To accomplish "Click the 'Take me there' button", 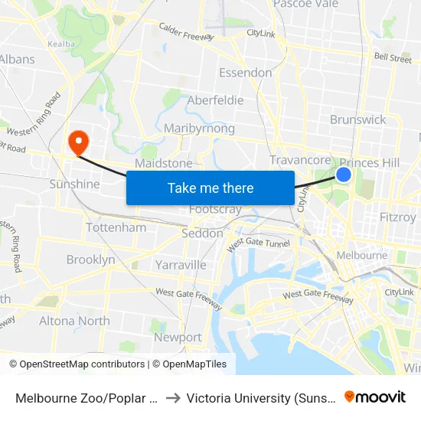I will pyautogui.click(x=210, y=188).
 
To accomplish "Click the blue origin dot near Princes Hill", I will pyautogui.click(x=344, y=175).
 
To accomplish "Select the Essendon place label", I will pyautogui.click(x=245, y=73).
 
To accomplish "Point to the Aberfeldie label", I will pyautogui.click(x=215, y=100).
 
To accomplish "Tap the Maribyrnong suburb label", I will pyautogui.click(x=199, y=129).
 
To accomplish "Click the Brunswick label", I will pyautogui.click(x=357, y=119).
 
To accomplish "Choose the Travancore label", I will pyautogui.click(x=300, y=160).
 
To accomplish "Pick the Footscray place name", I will pyautogui.click(x=215, y=210).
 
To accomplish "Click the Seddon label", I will pyautogui.click(x=202, y=233).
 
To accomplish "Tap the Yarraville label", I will pyautogui.click(x=181, y=265).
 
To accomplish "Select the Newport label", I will pyautogui.click(x=178, y=337).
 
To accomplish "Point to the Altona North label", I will pyautogui.click(x=74, y=321).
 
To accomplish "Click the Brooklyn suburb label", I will pyautogui.click(x=90, y=259).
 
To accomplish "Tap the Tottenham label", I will pyautogui.click(x=116, y=227).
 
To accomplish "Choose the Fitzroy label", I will pyautogui.click(x=398, y=217).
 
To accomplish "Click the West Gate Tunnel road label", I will pyautogui.click(x=257, y=243).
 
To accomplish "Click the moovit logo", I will pyautogui.click(x=375, y=397).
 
